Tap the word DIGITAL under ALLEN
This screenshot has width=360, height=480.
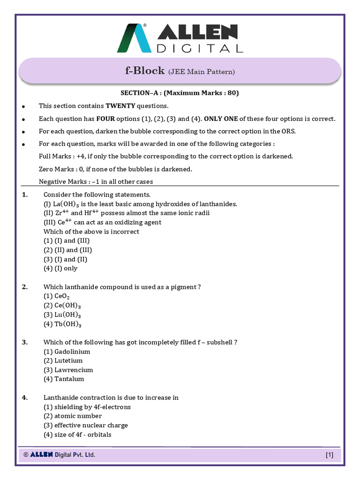[x=200, y=48]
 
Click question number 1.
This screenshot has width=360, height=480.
[x=25, y=195]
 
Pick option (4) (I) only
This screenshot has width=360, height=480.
[x=60, y=269]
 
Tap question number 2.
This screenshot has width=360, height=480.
[x=25, y=287]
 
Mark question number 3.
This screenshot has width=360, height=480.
[x=25, y=342]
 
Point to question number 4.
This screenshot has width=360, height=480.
[x=25, y=397]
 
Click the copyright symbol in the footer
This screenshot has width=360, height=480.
[x=26, y=455]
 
